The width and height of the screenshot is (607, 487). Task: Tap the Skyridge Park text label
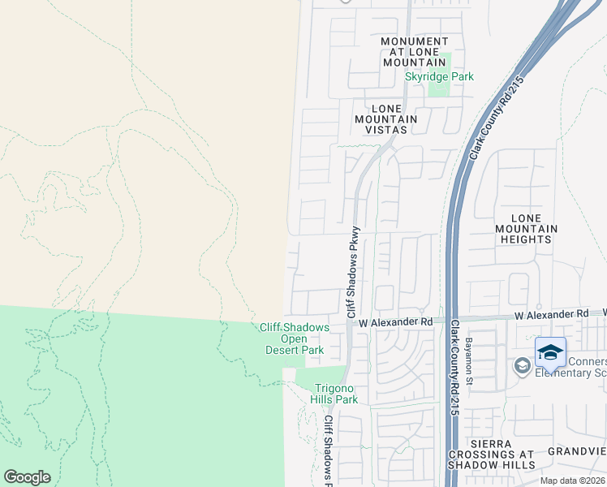(439, 77)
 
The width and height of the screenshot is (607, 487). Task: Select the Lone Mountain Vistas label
(385, 119)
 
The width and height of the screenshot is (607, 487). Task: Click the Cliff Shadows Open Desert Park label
(294, 338)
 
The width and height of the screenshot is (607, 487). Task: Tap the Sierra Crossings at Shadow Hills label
(492, 455)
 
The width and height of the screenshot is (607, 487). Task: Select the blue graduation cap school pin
(550, 354)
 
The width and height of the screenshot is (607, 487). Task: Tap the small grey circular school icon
(522, 367)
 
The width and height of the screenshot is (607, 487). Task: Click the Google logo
(27, 477)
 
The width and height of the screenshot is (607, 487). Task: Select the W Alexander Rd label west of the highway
(396, 322)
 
